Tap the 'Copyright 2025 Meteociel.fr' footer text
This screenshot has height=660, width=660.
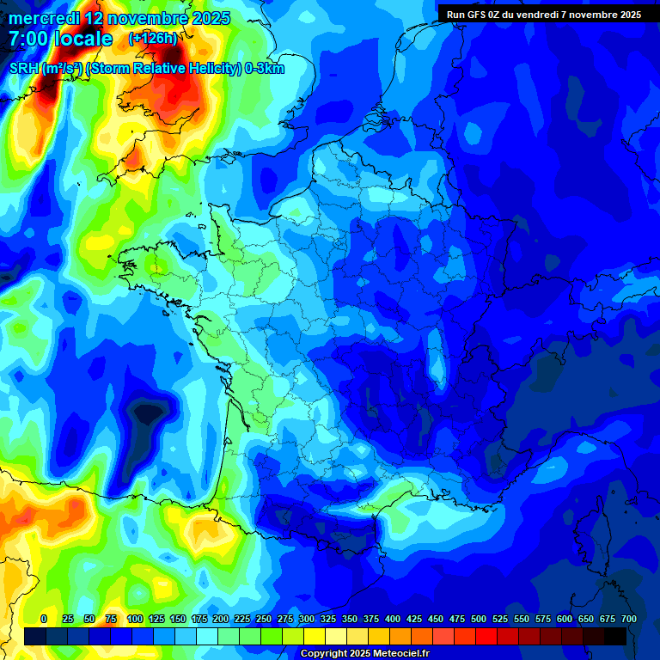pyautogui.click(x=364, y=654)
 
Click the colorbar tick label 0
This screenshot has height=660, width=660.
pyautogui.click(x=44, y=619)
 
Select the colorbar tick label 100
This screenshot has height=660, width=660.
pyautogui.click(x=135, y=619)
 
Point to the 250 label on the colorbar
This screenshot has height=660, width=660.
pyautogui.click(x=264, y=619)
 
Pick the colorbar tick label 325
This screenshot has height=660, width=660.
pyautogui.click(x=328, y=619)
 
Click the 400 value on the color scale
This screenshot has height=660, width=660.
pyautogui.click(x=393, y=619)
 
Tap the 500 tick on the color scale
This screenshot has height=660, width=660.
pyautogui.click(x=479, y=619)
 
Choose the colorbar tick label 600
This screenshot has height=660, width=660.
pyautogui.click(x=565, y=619)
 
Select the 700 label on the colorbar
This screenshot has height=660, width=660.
pyautogui.click(x=629, y=619)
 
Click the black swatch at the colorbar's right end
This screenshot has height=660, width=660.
pyautogui.click(x=615, y=636)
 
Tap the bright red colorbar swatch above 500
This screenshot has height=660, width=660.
pyautogui.click(x=486, y=636)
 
